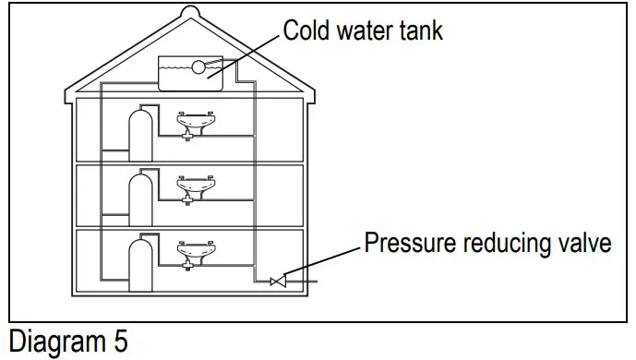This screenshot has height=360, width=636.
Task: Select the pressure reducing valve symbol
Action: pyautogui.click(x=276, y=280)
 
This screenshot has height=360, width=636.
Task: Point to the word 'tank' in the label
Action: pyautogui.click(x=420, y=30)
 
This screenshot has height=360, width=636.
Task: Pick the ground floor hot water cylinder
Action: pyautogui.click(x=140, y=263)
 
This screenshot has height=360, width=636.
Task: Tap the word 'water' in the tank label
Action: pyautogui.click(x=363, y=30)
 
